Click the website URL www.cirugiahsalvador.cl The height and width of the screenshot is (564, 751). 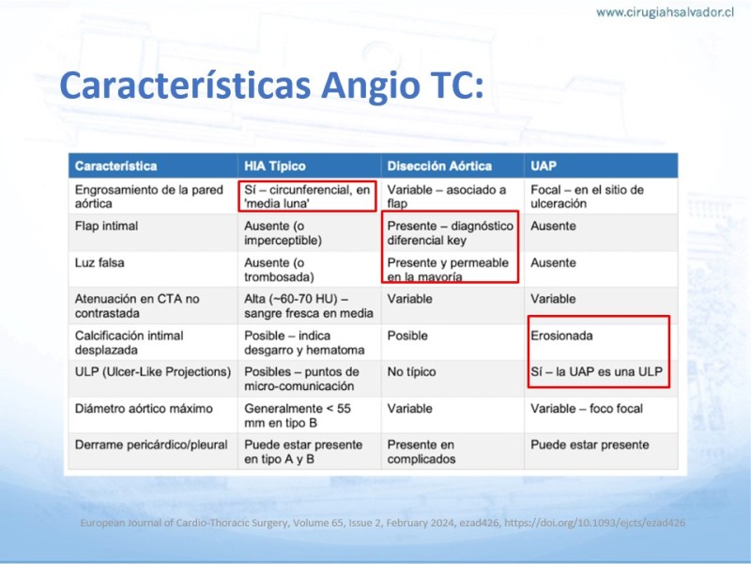coord(665,12)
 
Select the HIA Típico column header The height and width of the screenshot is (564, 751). coord(275,166)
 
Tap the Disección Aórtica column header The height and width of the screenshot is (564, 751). coord(439,166)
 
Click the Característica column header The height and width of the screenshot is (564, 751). coord(115,166)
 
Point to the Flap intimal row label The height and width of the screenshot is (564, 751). coord(106,226)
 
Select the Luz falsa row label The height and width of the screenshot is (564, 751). coord(100,263)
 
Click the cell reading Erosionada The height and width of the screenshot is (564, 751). coord(561,336)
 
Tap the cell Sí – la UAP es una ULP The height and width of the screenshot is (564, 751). coord(596,371)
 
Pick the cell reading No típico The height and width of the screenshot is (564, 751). coord(411,371)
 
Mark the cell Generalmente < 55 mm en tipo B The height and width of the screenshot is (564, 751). coord(298,415)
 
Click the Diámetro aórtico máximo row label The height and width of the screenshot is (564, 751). coord(144,409)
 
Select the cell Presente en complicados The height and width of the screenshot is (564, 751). coord(421,452)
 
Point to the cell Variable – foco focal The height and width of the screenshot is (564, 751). coord(587,409)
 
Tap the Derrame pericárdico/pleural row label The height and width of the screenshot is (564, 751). coord(151,445)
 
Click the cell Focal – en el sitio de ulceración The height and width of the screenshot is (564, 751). coord(588,196)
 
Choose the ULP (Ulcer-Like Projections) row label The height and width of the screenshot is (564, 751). coord(153,372)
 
